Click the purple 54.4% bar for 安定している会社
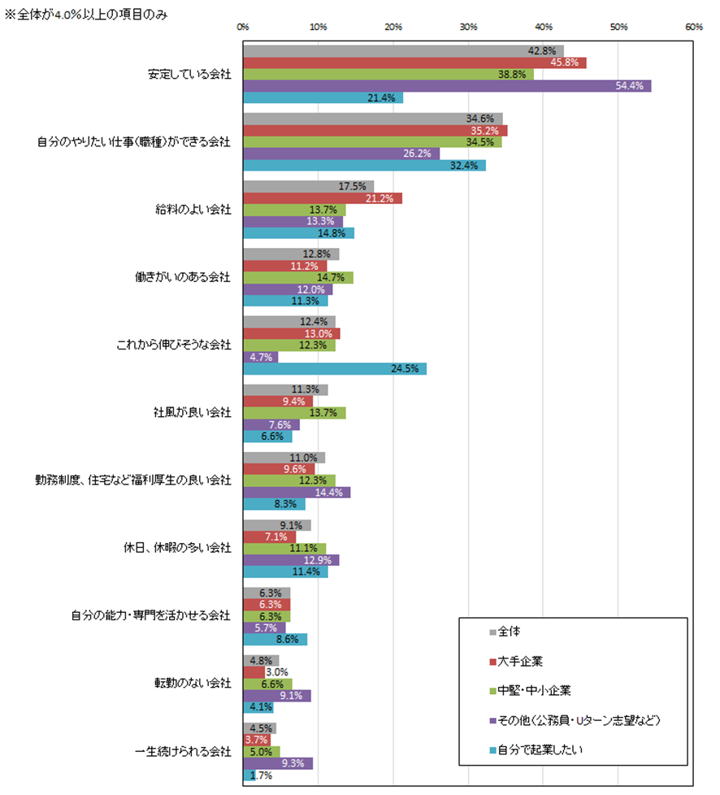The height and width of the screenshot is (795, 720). point(447,86)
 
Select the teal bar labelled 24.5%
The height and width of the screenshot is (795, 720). point(335,369)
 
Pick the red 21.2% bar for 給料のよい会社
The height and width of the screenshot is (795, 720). point(323,198)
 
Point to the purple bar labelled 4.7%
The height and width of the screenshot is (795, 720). point(261,357)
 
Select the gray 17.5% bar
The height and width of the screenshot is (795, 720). point(309,187)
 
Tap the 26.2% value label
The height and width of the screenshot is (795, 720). point(419,154)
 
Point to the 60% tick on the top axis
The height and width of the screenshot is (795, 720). point(693,27)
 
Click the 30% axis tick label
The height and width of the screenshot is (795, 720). point(468,27)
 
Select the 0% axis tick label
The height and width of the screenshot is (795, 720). point(243,27)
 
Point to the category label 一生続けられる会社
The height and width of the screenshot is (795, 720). point(183,752)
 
